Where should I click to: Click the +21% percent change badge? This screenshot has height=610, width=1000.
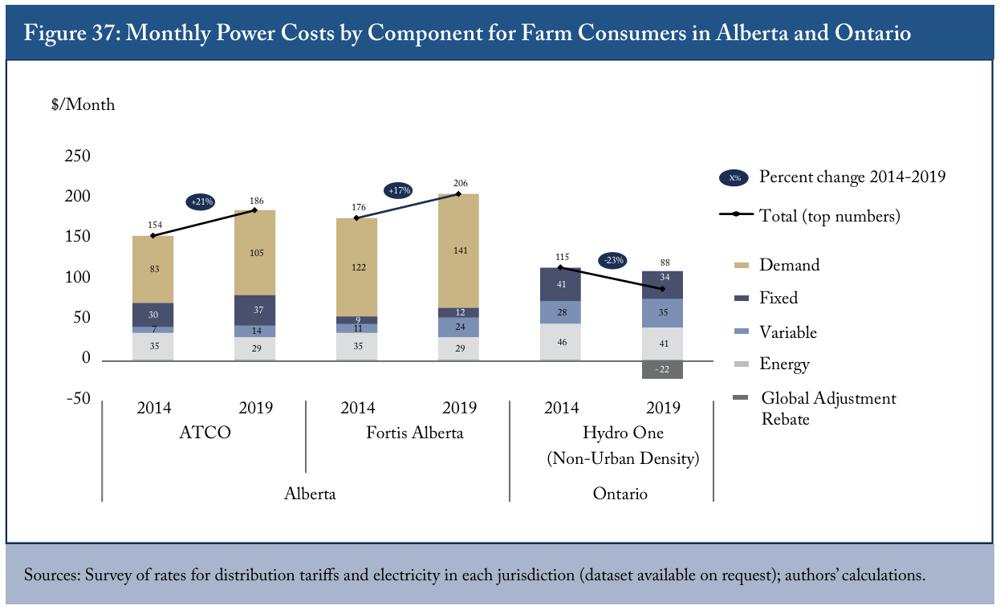(201, 201)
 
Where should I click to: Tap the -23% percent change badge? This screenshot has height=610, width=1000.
(612, 260)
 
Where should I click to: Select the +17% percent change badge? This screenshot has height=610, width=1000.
(398, 191)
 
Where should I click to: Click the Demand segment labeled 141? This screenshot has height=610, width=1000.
(458, 250)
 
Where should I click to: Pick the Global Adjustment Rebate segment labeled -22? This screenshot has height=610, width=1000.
(662, 369)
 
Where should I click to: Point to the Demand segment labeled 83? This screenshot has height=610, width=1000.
(153, 269)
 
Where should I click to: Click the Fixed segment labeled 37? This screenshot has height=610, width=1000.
(255, 310)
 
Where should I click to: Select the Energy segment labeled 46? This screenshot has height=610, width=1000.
(561, 342)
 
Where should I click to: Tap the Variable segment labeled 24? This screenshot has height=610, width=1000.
(458, 327)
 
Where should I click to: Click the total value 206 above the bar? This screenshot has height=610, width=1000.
(460, 183)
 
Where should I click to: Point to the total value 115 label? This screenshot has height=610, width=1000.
(562, 257)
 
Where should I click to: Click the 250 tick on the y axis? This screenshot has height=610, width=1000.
(77, 156)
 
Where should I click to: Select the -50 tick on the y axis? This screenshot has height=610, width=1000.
(79, 398)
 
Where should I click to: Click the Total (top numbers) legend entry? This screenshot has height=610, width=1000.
(810, 216)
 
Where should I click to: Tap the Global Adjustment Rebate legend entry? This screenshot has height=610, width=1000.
(815, 409)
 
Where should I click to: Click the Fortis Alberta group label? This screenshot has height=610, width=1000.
(415, 433)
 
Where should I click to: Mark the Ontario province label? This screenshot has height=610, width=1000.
(620, 494)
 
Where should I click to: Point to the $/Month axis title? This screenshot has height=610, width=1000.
(83, 104)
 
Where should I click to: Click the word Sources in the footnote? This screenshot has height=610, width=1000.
(52, 575)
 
